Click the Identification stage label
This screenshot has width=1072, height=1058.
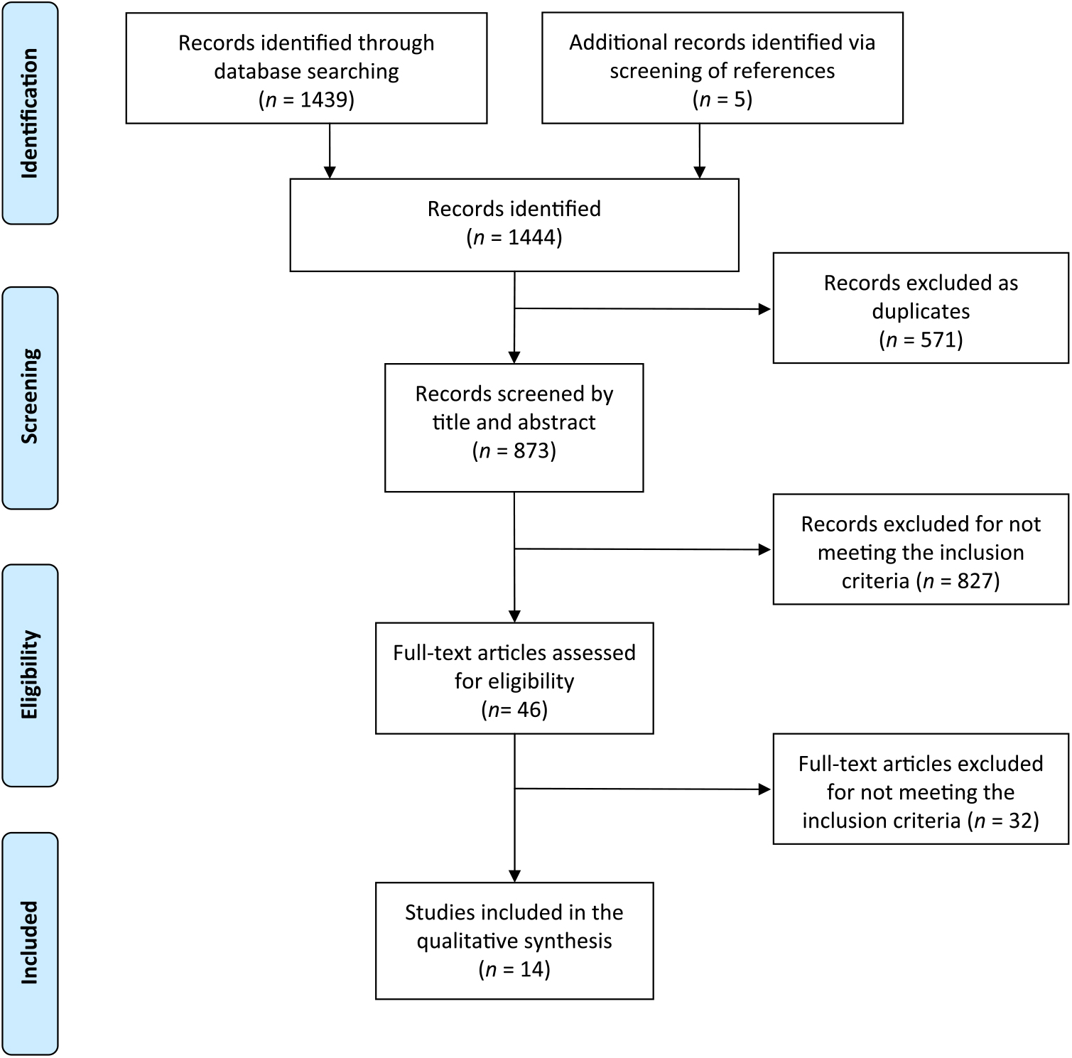point(29,113)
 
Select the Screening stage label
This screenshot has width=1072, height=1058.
point(29,396)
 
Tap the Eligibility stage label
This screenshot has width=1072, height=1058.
point(29,675)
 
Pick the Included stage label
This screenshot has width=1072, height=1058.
point(29,943)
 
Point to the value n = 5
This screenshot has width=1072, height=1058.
point(722,99)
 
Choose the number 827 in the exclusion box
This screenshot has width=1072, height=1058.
point(975,581)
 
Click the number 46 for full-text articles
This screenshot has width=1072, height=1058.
point(529,710)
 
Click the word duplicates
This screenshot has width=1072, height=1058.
point(921,311)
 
